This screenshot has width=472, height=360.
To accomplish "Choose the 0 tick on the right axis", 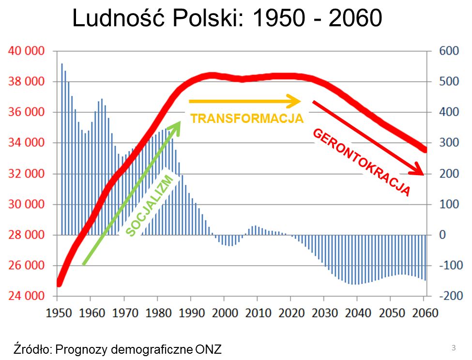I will pyautogui.click(x=442, y=235).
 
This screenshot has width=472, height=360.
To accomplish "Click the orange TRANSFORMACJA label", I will pyautogui.click(x=247, y=119).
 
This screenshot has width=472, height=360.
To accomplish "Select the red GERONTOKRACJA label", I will pyautogui.click(x=362, y=163).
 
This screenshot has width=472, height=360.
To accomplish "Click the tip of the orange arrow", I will pyautogui.click(x=301, y=101).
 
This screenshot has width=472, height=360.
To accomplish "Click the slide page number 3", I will pyautogui.click(x=454, y=347).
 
